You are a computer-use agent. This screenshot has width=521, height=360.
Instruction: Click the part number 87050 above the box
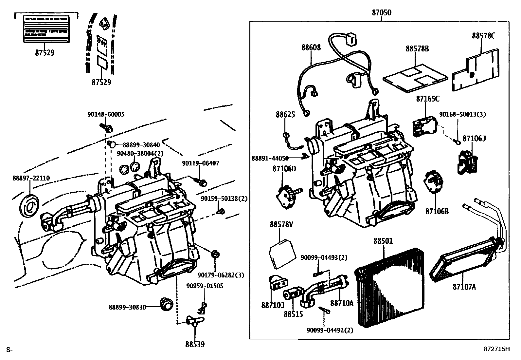point(381,13)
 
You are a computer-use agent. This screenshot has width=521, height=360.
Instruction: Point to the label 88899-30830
point(127,307)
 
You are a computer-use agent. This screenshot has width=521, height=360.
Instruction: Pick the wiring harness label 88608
point(311,47)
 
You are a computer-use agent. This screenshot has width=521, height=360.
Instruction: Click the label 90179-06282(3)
point(221,275)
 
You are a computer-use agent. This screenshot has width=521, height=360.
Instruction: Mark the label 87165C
point(428,98)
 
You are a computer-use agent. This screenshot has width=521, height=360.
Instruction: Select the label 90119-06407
point(201,163)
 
